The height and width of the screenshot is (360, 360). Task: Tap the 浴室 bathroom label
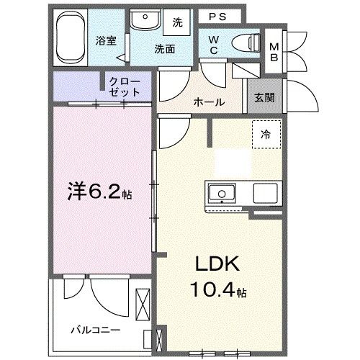click(x=107, y=40)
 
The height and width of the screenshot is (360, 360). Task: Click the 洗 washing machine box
click(x=177, y=22)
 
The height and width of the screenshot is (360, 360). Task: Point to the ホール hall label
click(x=208, y=102)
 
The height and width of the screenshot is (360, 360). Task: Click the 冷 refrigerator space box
click(x=266, y=134)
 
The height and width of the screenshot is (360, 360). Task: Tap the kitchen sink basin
click(x=222, y=193)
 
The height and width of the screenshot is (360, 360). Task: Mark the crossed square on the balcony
click(x=143, y=300)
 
